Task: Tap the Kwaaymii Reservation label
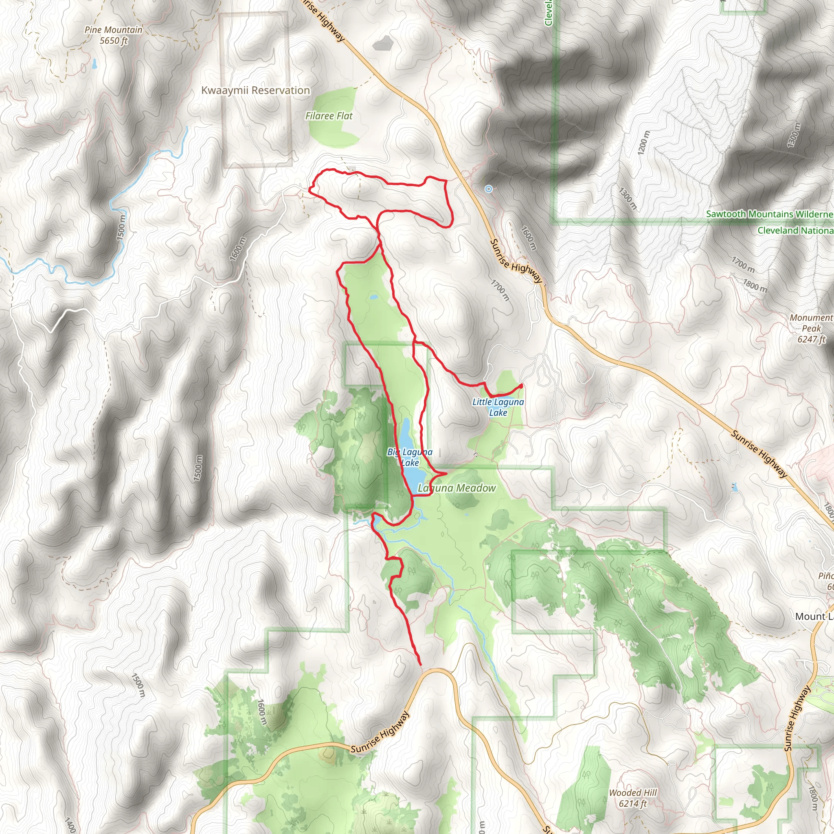256,91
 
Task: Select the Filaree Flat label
329,116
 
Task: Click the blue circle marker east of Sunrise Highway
488,189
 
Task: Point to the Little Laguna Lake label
498,407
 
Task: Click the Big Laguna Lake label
410,457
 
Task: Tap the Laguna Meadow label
457,488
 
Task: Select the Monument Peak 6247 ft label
811,328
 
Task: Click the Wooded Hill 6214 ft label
632,798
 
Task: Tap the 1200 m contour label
643,143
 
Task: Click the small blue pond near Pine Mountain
94,64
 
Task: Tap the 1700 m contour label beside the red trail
500,290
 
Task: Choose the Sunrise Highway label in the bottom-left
380,733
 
